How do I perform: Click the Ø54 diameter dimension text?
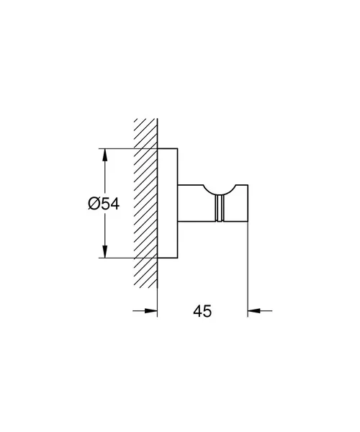click(104, 204)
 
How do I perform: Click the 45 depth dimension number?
click(202, 311)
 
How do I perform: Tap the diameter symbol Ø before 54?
click(94, 204)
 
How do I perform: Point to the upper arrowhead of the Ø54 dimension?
click(104, 155)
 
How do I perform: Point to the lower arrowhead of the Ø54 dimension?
click(104, 251)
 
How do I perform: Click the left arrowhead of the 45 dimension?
click(150, 311)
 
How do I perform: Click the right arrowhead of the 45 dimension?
click(254, 311)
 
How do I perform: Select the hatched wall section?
click(145, 203)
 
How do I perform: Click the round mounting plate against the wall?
click(168, 203)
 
